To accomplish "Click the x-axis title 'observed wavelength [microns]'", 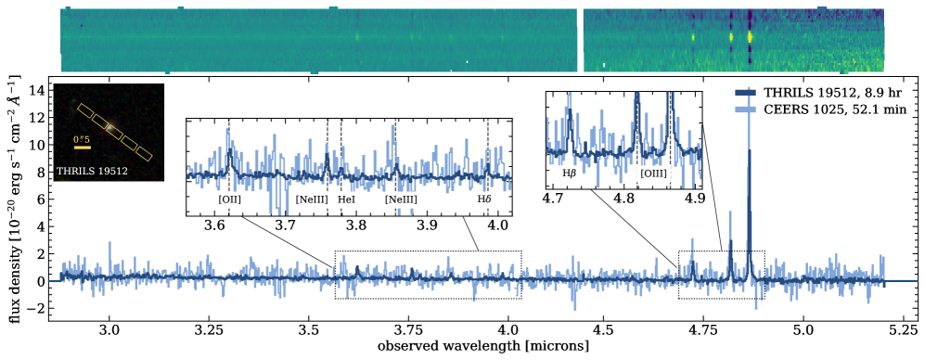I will click(x=481, y=346).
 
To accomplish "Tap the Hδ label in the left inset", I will click(x=484, y=199).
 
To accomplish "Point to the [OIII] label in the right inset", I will click(x=654, y=173).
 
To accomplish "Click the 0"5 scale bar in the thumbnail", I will click(x=83, y=147).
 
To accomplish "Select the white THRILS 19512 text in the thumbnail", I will click(x=92, y=171).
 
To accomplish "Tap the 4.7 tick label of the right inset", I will click(x=555, y=199).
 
